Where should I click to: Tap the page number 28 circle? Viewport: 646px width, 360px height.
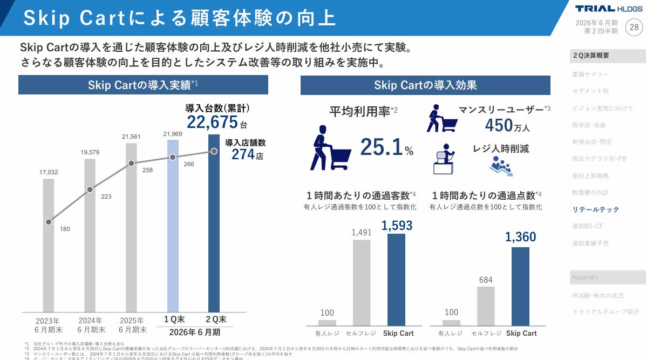tap(634, 27)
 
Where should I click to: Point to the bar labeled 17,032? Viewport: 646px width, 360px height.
tap(49, 245)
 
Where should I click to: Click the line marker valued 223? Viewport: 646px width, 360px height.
tap(90, 189)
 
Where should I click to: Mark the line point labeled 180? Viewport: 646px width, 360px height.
tap(49, 222)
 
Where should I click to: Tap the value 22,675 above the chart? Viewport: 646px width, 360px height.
tap(212, 122)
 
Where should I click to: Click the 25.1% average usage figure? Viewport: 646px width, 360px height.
tap(386, 147)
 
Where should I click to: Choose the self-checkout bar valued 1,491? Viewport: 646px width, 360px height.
tap(362, 282)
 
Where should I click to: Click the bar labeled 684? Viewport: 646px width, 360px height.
tap(486, 305)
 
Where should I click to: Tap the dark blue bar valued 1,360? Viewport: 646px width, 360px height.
tap(520, 286)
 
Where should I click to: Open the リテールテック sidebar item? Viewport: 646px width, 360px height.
tap(596, 209)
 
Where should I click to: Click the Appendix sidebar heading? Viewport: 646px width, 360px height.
tap(585, 277)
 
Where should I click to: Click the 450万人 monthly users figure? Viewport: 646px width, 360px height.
tap(507, 126)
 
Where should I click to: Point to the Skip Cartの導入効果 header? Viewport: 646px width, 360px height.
tap(425, 85)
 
